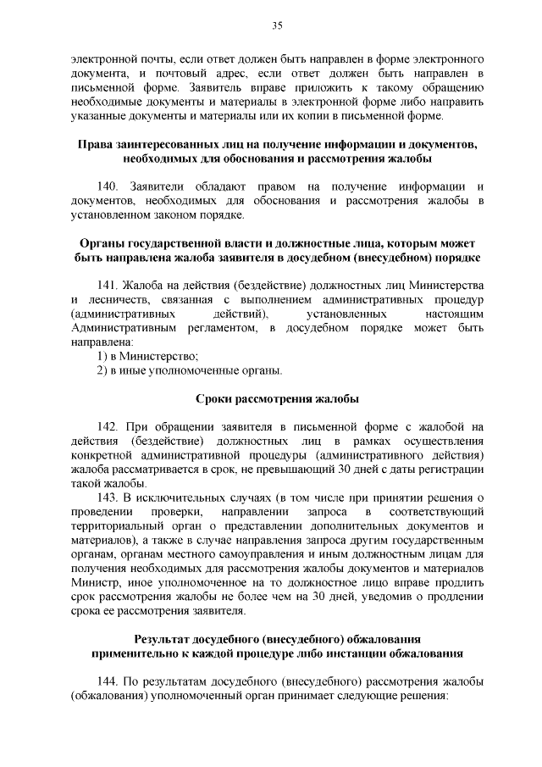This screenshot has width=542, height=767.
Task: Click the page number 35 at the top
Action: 276,27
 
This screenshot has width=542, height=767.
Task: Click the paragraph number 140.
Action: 111,185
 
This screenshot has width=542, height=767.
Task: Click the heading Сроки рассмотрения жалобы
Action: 276,398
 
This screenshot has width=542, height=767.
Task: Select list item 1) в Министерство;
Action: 135,355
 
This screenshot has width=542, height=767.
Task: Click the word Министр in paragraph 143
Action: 93,584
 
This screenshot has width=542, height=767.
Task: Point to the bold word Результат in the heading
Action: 166,637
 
